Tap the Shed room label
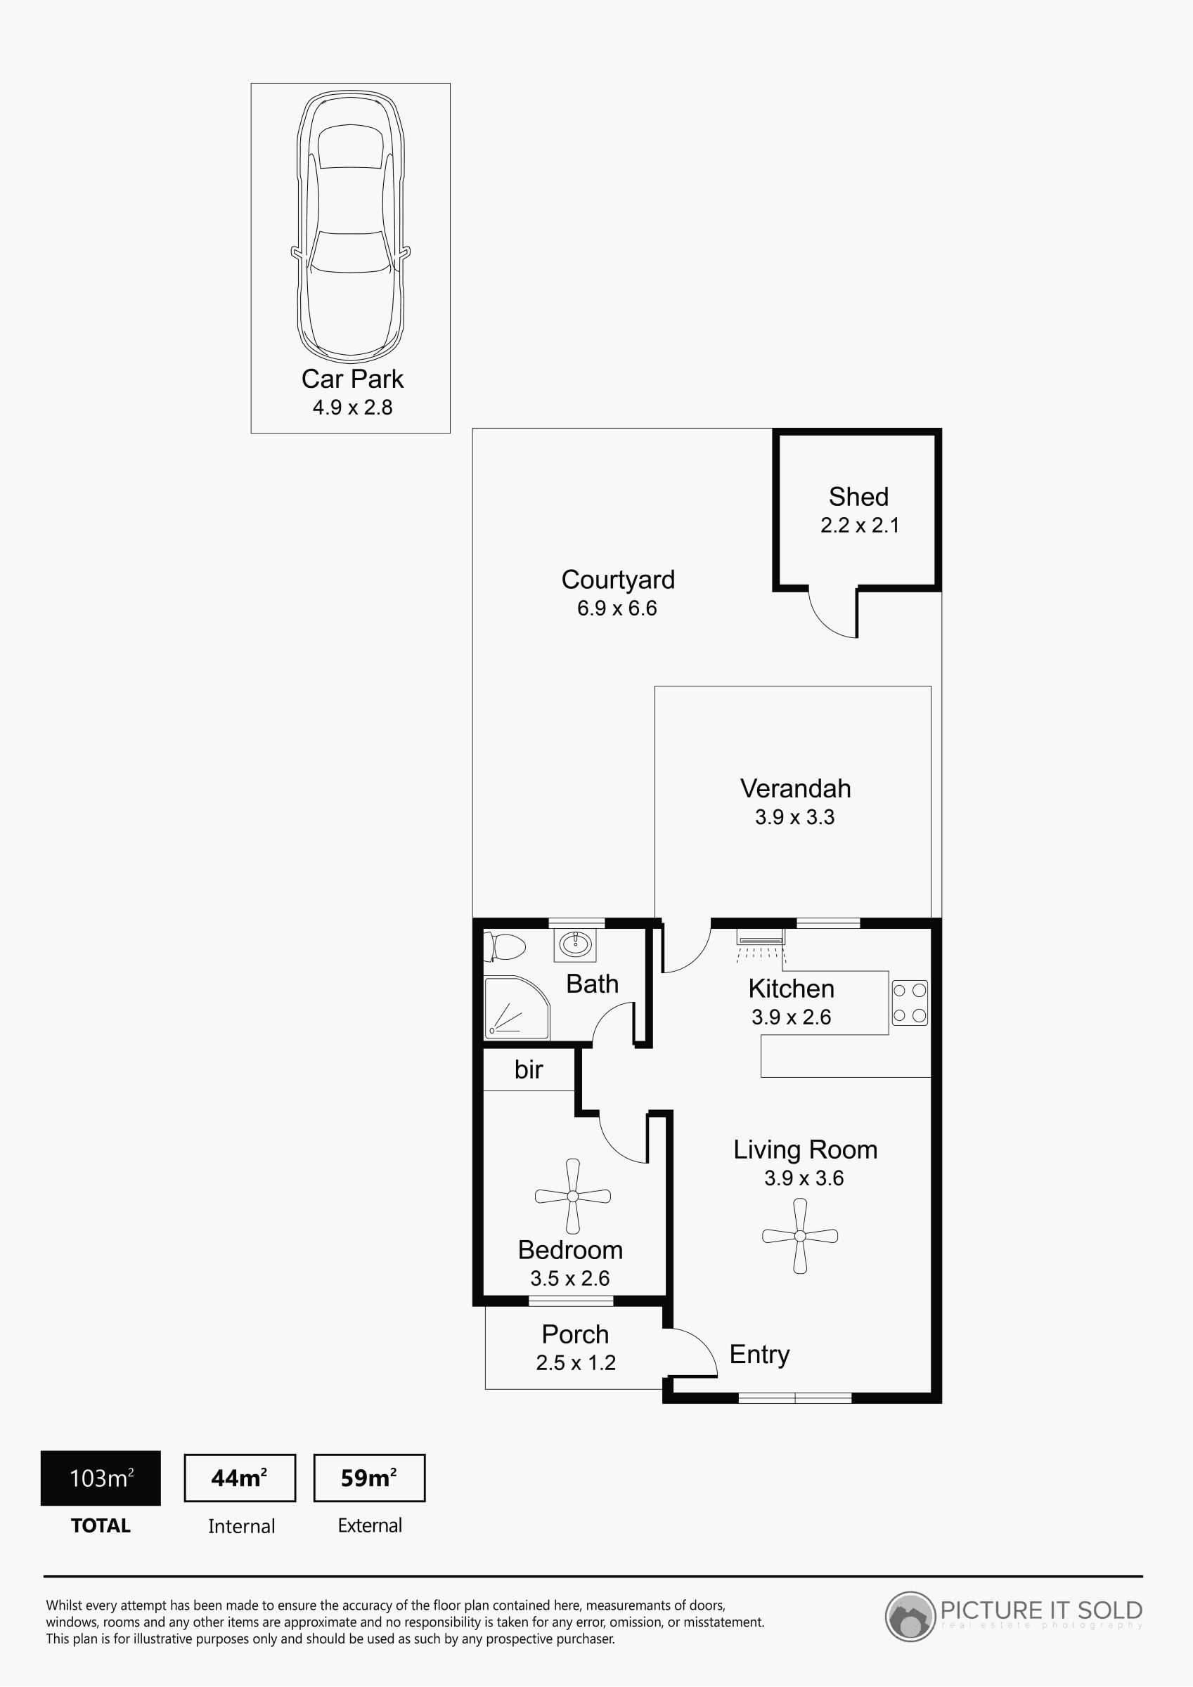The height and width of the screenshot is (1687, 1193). pyautogui.click(x=858, y=497)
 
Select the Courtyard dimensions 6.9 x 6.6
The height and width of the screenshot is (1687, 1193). pyautogui.click(x=617, y=608)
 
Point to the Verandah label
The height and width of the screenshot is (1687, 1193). pyautogui.click(x=795, y=788)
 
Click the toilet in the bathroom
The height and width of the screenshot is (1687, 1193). pyautogui.click(x=505, y=947)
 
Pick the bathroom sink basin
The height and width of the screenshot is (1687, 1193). pyautogui.click(x=575, y=945)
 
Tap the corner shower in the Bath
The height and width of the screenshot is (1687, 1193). pyautogui.click(x=516, y=1007)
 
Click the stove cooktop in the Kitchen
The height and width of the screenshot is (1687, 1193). pyautogui.click(x=910, y=1003)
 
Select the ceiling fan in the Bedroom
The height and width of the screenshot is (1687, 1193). pyautogui.click(x=573, y=1196)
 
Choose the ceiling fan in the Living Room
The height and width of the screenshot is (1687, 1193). pyautogui.click(x=800, y=1236)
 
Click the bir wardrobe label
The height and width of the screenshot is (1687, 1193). pyautogui.click(x=529, y=1070)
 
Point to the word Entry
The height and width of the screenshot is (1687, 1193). pyautogui.click(x=759, y=1354)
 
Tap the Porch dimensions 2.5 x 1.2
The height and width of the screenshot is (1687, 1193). pyautogui.click(x=576, y=1363)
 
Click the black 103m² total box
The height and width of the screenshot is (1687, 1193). pyautogui.click(x=101, y=1478)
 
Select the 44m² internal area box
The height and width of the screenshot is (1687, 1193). pyautogui.click(x=240, y=1478)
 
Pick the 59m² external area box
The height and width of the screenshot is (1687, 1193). pyautogui.click(x=369, y=1478)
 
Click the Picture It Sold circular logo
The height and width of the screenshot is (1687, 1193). pyautogui.click(x=910, y=1616)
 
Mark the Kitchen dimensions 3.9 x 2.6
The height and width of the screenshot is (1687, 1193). pyautogui.click(x=791, y=1017)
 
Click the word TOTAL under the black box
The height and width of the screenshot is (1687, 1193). pyautogui.click(x=101, y=1526)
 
